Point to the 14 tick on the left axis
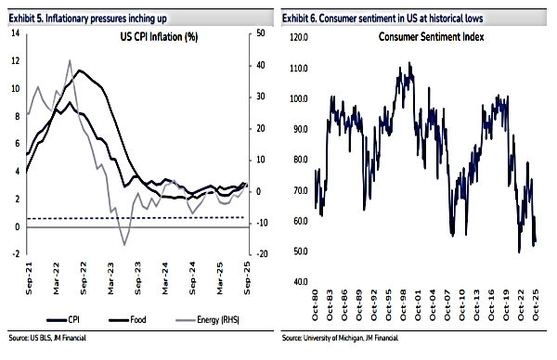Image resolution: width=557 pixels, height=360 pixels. [15, 33]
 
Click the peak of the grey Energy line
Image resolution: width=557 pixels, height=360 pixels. [70, 60]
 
